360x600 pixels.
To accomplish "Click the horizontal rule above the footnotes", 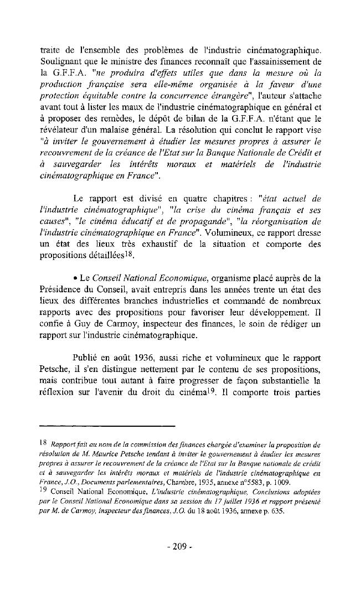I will [108, 426].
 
